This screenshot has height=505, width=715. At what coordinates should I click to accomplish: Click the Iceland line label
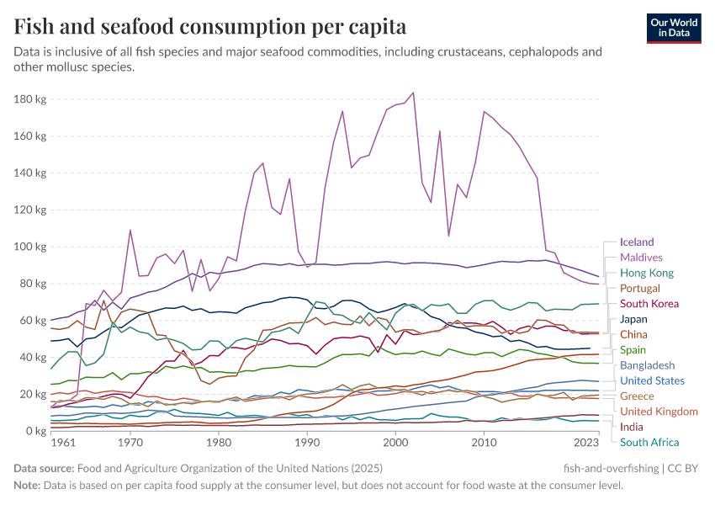pos(637,242)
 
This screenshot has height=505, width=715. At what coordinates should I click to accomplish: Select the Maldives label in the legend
pos(641,258)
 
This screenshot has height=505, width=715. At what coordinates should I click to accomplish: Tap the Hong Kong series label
pos(647,273)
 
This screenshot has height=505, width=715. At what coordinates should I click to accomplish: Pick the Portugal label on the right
pos(640,288)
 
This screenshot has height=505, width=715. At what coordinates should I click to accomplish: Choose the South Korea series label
pos(649,304)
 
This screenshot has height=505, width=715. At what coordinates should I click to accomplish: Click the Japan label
pos(633,319)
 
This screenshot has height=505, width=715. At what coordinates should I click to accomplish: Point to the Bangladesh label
pos(647,365)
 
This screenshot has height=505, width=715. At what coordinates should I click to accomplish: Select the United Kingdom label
pos(659,412)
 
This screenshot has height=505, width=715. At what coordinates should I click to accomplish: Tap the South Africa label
pos(649,442)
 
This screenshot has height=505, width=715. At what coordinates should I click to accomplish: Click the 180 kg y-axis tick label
pos(30,99)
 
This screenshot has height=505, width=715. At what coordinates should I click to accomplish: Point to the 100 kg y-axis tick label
pos(30,247)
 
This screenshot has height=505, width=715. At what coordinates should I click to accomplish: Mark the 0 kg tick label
pos(36,431)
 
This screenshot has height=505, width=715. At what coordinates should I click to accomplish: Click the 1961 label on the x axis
pos(62,442)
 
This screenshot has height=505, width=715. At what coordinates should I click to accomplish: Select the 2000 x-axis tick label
pos(395,442)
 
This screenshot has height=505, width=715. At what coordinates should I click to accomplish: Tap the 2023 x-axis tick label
pos(586,442)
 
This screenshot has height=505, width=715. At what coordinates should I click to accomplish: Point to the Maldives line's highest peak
pos(413,93)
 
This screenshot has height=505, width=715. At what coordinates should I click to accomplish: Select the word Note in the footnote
pos(28,485)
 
